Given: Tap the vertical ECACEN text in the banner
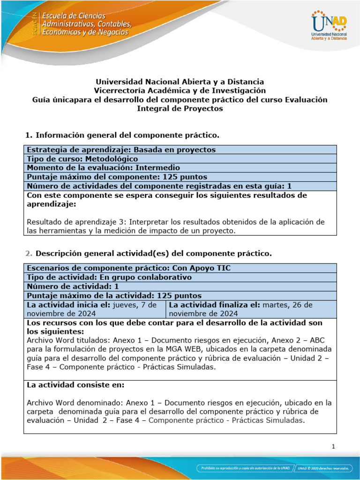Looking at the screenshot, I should tap(34, 24).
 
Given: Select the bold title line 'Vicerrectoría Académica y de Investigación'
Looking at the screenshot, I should tap(180, 90).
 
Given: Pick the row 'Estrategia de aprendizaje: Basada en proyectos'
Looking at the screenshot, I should tap(121, 150).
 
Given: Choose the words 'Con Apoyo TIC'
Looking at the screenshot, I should tap(205, 268).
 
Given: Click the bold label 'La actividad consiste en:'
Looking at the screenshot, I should tap(75, 385).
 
